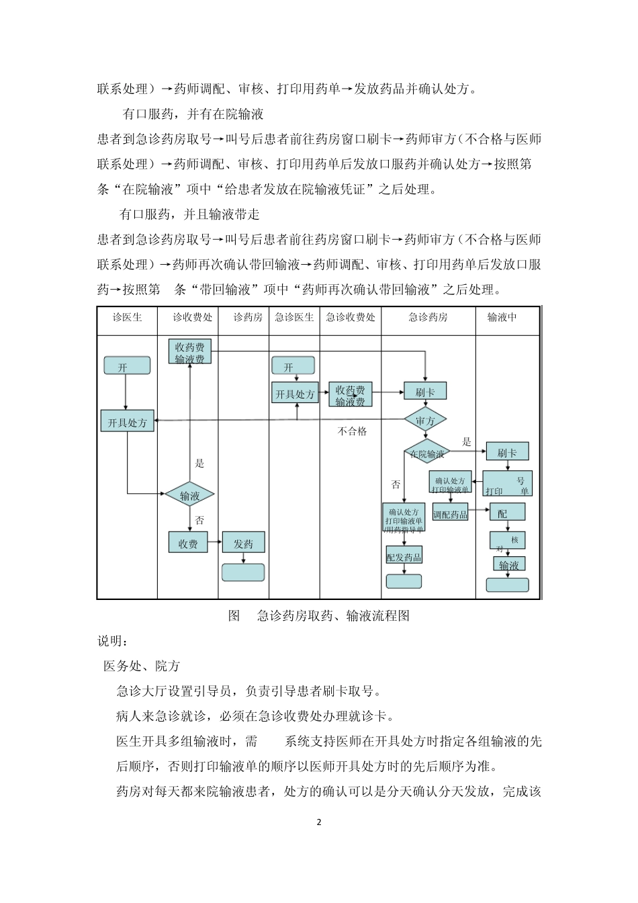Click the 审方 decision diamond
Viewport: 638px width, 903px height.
[x=425, y=421]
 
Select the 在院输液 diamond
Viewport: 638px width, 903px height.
[x=426, y=454]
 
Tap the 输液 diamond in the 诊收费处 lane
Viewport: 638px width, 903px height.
[x=190, y=496]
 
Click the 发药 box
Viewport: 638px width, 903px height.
[x=243, y=543]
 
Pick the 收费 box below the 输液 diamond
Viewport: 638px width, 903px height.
[x=188, y=543]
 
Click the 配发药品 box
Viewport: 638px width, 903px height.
[x=404, y=556]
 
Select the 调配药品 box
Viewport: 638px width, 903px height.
[x=450, y=515]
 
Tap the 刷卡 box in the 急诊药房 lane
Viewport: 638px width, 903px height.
[x=425, y=392]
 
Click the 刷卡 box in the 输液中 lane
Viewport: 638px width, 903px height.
[x=507, y=452]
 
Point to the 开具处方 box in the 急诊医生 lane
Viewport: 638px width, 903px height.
[x=295, y=394]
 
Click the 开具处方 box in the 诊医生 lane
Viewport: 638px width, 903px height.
[x=128, y=422]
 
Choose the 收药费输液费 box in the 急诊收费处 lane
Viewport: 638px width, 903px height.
[x=350, y=395]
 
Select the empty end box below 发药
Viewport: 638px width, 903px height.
[x=243, y=572]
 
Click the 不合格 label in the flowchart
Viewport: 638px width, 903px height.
[x=352, y=431]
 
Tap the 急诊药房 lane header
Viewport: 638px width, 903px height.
[x=428, y=317]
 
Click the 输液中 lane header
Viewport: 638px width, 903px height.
[x=502, y=317]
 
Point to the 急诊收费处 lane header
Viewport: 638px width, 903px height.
[x=351, y=317]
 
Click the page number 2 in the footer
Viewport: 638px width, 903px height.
[x=319, y=822]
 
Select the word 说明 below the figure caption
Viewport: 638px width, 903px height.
[x=111, y=642]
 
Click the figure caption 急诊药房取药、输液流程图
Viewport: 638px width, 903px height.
[x=333, y=615]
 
